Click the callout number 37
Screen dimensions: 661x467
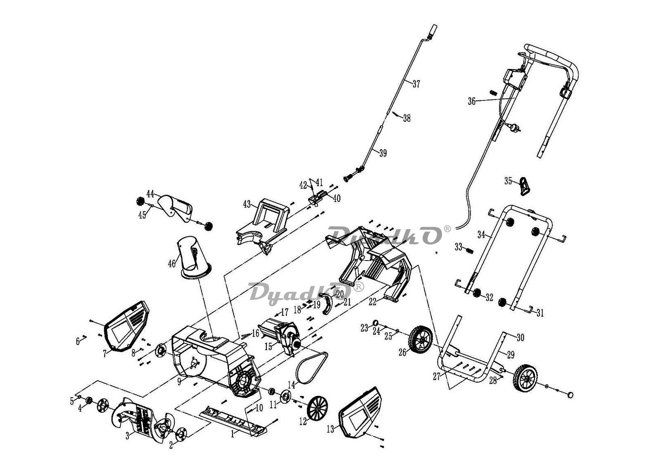pos(416,84)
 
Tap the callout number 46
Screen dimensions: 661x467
pos(172,263)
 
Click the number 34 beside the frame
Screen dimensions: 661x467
pos(481,235)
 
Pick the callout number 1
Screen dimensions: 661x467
pos(233,434)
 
